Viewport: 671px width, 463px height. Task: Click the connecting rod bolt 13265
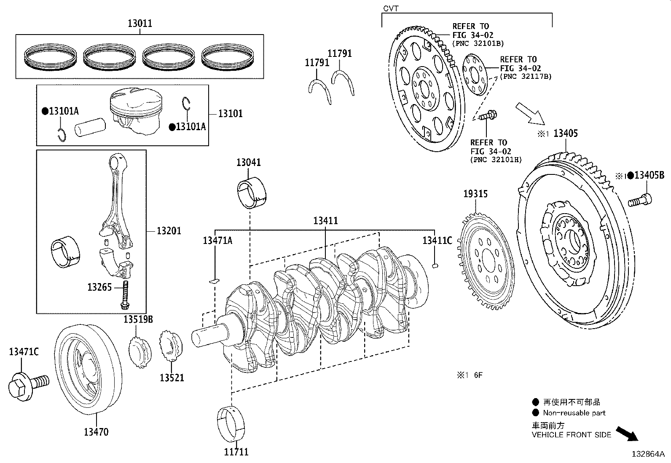(x=125, y=295)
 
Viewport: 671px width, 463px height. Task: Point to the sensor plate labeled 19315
(x=486, y=263)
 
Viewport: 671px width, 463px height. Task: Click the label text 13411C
(x=437, y=241)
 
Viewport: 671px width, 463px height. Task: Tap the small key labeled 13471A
(x=215, y=280)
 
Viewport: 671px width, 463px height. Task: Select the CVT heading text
(x=390, y=8)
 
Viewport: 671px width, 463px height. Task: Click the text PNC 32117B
(x=526, y=77)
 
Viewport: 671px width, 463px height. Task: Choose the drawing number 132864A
(x=647, y=455)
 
